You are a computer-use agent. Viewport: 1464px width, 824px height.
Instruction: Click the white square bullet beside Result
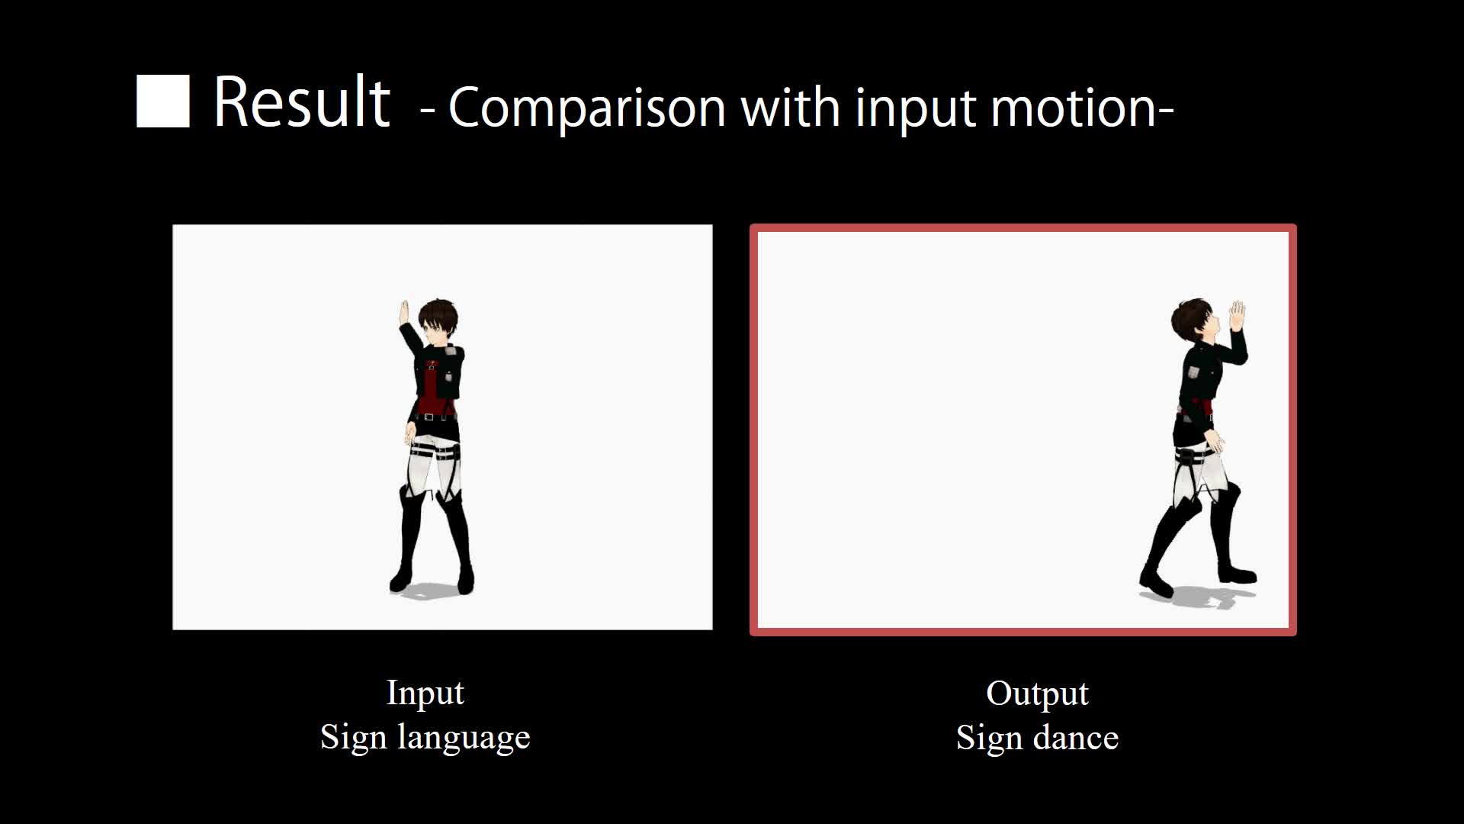point(162,101)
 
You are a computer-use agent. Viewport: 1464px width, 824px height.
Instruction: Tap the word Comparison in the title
point(586,108)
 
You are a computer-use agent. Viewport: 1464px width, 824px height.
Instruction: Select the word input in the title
point(915,108)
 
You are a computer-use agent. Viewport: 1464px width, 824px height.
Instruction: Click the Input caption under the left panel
point(425,692)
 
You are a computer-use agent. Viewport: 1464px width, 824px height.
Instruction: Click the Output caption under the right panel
point(1037,693)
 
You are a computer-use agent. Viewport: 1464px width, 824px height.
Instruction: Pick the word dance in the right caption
point(1075,738)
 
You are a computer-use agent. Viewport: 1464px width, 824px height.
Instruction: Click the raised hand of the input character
point(405,313)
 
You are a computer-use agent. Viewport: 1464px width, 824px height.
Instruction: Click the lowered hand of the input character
point(410,435)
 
